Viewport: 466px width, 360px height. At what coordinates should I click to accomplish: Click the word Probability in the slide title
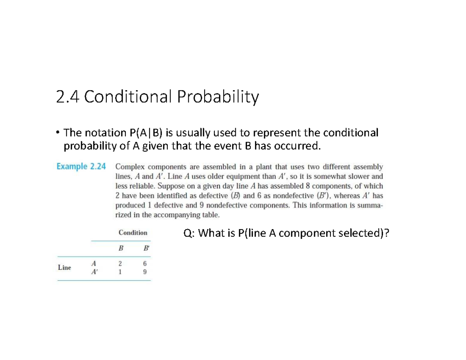217,97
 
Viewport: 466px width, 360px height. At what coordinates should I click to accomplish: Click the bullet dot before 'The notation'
57,133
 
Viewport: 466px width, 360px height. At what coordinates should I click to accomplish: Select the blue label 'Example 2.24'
81,167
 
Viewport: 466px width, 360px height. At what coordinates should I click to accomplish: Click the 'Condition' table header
133,233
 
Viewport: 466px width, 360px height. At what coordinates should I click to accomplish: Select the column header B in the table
121,248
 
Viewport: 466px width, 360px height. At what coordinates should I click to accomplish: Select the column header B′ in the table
145,248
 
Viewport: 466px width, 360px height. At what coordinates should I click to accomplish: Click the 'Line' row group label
64,267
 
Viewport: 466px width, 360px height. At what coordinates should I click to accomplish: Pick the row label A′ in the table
94,272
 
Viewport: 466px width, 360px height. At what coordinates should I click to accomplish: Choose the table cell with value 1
121,272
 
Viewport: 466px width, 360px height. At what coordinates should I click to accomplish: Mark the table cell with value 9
145,272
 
